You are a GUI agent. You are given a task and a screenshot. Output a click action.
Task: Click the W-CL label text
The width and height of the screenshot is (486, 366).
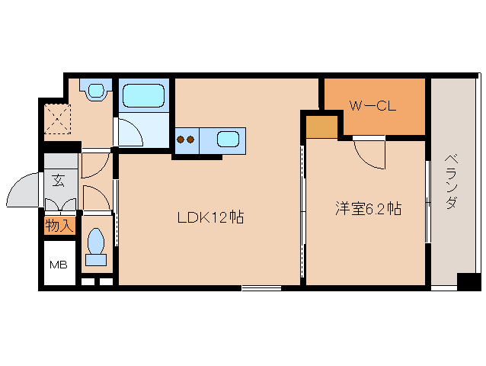click(372, 107)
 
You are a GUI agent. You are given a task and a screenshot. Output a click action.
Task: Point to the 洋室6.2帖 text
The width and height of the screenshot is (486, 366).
click(369, 207)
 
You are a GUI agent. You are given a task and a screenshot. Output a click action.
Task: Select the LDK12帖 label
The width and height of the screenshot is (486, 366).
click(210, 217)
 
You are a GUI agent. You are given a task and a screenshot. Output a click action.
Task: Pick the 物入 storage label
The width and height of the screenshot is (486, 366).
click(58, 226)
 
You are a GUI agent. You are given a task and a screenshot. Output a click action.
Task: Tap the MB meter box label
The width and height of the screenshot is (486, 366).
click(58, 265)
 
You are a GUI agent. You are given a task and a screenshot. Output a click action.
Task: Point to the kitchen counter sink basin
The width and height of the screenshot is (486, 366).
click(229, 139)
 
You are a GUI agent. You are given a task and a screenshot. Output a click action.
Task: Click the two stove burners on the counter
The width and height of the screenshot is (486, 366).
click(187, 139)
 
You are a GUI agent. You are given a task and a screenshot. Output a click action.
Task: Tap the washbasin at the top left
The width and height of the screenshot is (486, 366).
click(95, 90)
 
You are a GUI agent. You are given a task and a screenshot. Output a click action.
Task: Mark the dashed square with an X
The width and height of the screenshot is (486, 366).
click(56, 119)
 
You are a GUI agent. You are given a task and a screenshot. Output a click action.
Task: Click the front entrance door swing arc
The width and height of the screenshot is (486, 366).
click(24, 191)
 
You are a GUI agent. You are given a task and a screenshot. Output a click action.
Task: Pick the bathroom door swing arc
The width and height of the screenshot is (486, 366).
click(130, 133)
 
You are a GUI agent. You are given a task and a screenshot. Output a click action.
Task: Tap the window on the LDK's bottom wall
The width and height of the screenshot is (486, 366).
click(261, 287)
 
